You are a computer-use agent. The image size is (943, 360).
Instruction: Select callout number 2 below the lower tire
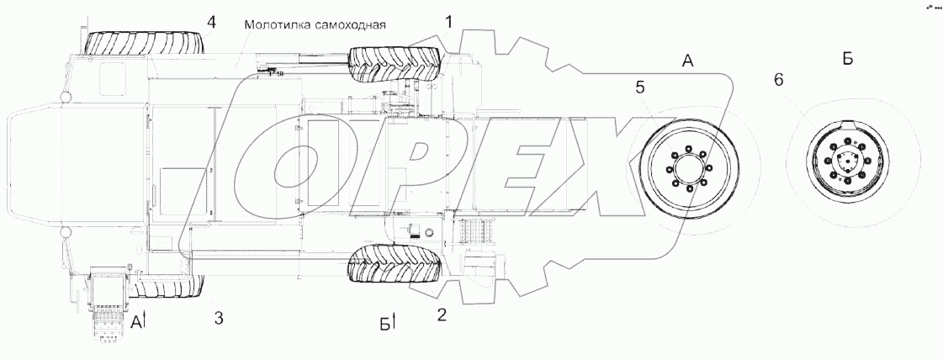coord(441,315)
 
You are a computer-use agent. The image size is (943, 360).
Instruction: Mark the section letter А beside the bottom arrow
coord(135,320)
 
